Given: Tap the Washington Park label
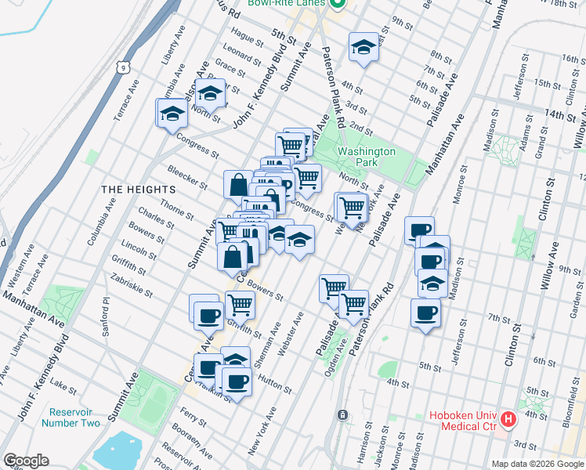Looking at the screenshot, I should [x=366, y=157].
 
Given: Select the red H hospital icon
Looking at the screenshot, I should [x=509, y=419].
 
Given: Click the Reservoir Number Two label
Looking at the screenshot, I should [x=74, y=418].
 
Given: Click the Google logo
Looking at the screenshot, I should [x=26, y=461].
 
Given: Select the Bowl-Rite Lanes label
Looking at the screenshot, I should [x=285, y=3].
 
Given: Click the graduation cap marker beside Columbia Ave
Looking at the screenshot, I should [x=172, y=113].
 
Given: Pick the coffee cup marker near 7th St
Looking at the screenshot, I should [x=425, y=313].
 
